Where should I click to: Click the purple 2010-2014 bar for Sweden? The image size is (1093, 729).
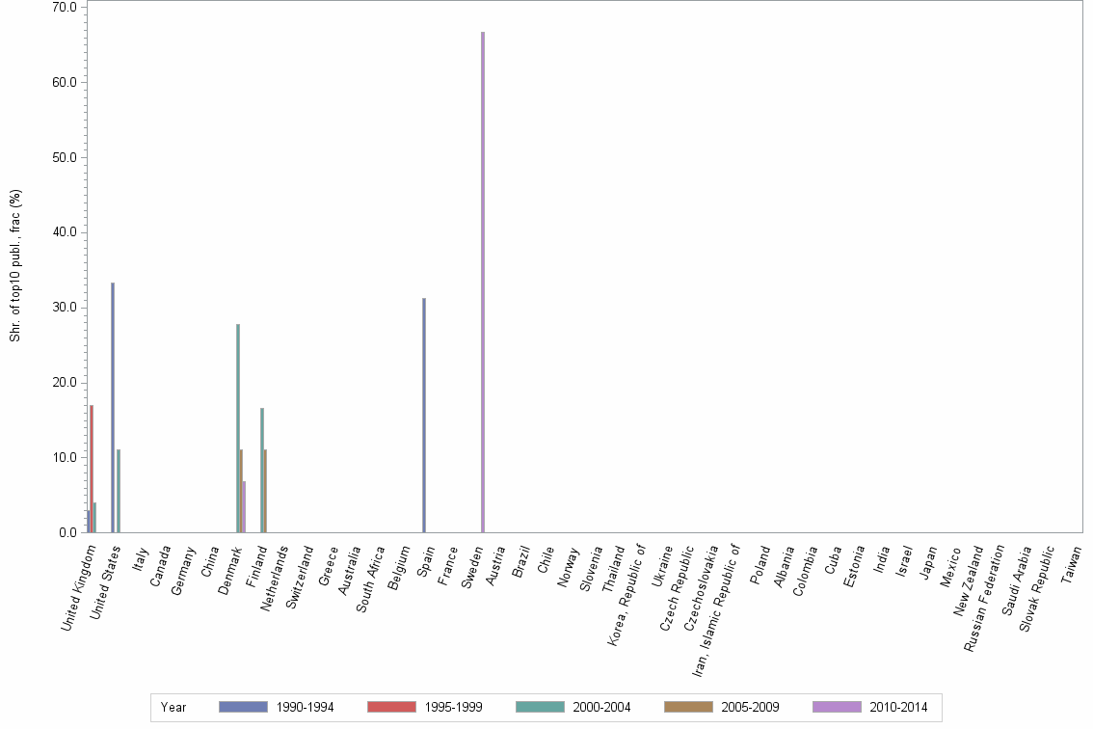483,282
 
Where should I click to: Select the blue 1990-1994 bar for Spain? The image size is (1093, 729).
424,415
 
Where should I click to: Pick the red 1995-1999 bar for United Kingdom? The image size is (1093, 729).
92,469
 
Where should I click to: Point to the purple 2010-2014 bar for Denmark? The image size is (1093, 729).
245,506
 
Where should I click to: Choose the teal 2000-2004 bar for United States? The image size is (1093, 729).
119,491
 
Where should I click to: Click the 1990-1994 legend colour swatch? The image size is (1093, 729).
243,707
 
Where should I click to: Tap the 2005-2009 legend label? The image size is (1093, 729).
750,707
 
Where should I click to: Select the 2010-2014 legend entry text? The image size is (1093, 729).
898,707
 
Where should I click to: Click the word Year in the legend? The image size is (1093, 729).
173,707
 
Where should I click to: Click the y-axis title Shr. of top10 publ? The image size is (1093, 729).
15,264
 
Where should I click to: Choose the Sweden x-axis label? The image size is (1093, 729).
472,568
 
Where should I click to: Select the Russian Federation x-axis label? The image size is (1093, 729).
984,597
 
